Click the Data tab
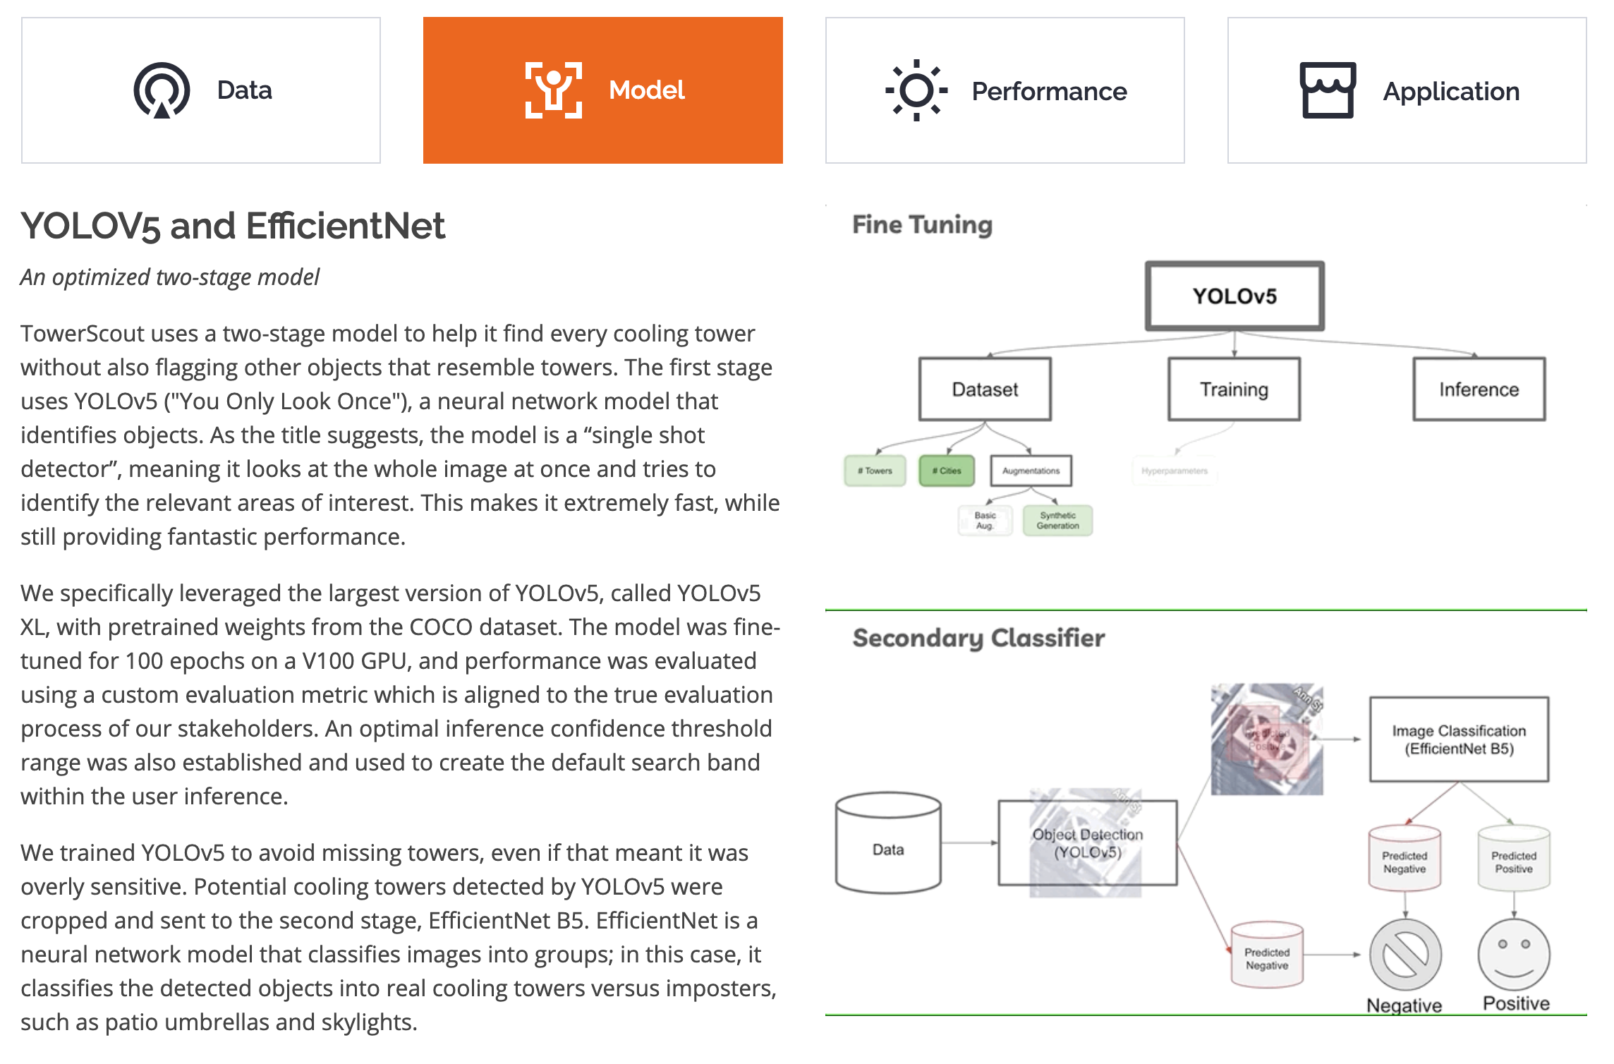click(x=201, y=90)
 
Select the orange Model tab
click(x=603, y=90)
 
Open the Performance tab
click(x=1005, y=90)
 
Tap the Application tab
click(x=1407, y=90)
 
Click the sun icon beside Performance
click(x=916, y=90)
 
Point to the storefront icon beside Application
click(x=1328, y=90)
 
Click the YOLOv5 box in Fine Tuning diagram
click(x=1234, y=296)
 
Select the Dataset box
click(x=985, y=389)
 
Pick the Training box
click(x=1234, y=389)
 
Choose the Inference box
click(x=1479, y=389)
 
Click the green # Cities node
click(x=947, y=471)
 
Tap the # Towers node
click(x=875, y=471)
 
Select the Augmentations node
click(x=1031, y=471)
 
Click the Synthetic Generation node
click(x=1057, y=521)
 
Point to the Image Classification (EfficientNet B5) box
click(x=1459, y=739)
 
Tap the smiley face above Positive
click(x=1514, y=955)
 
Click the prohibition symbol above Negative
click(x=1405, y=955)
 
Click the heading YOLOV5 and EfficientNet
click(x=233, y=226)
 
